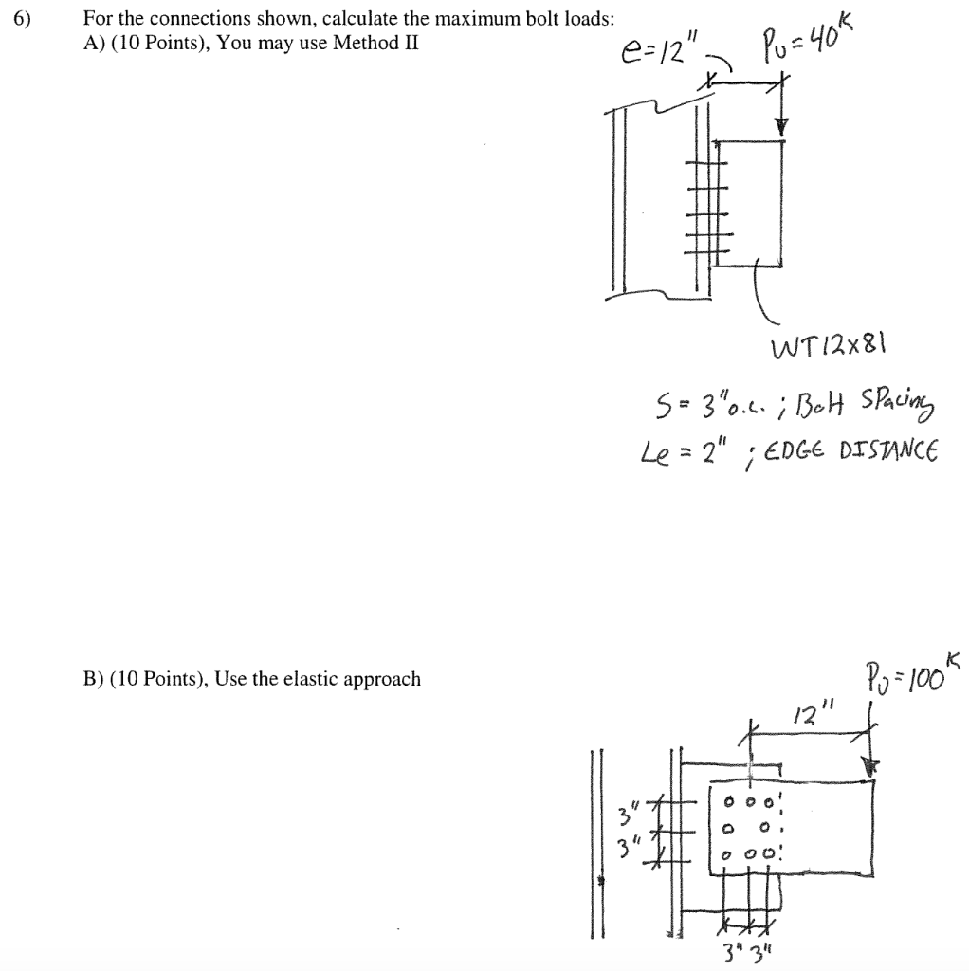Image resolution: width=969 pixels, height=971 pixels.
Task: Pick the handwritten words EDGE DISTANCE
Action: point(869,448)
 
